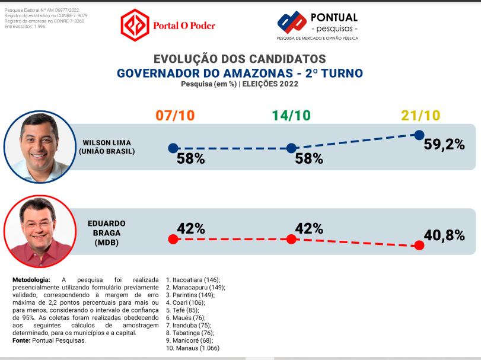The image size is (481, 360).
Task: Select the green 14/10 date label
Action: pyautogui.click(x=291, y=116)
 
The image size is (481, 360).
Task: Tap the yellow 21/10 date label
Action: pyautogui.click(x=420, y=116)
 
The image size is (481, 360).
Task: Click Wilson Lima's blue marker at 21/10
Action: pyautogui.click(x=419, y=135)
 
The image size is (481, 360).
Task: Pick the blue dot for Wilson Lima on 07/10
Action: pyautogui.click(x=173, y=148)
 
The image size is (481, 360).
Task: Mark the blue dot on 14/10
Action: pyautogui.click(x=291, y=148)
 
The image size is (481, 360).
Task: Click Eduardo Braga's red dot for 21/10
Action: pyautogui.click(x=419, y=245)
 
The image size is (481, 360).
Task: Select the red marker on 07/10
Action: pyautogui.click(x=173, y=239)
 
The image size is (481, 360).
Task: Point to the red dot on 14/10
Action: pyautogui.click(x=291, y=239)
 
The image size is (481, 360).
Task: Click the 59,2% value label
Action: pyautogui.click(x=444, y=144)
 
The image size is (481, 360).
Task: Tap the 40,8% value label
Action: pyautogui.click(x=444, y=235)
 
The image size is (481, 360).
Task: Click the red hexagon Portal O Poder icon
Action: pyautogui.click(x=134, y=25)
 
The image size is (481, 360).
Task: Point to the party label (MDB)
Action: pyautogui.click(x=107, y=242)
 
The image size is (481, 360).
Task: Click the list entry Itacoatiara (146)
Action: pyautogui.click(x=193, y=279)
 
